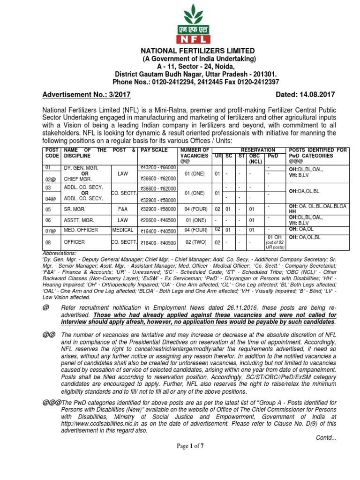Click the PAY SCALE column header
(x=154, y=150)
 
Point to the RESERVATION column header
(x=248, y=150)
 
